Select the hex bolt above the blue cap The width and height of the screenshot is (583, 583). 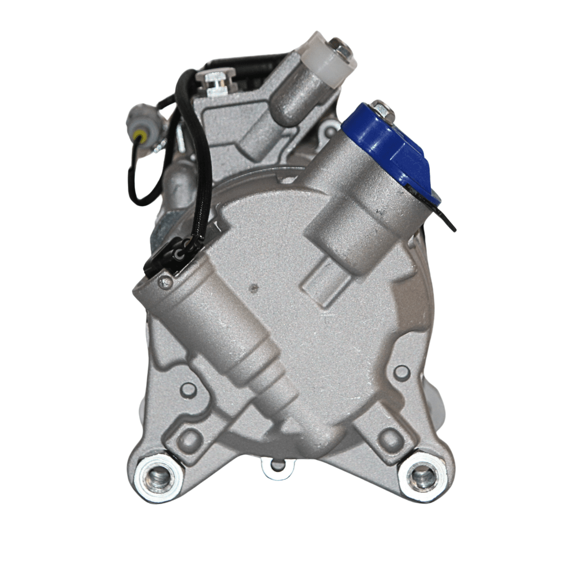tap(381, 109)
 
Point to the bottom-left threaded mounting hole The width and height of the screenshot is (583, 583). tap(158, 476)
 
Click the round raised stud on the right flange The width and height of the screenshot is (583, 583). tap(401, 372)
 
